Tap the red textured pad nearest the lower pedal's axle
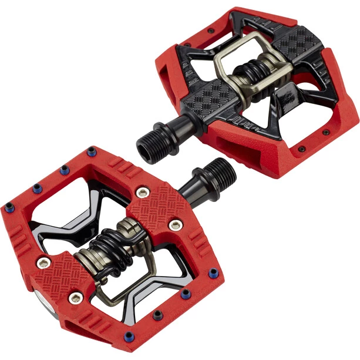tap(156, 203)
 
